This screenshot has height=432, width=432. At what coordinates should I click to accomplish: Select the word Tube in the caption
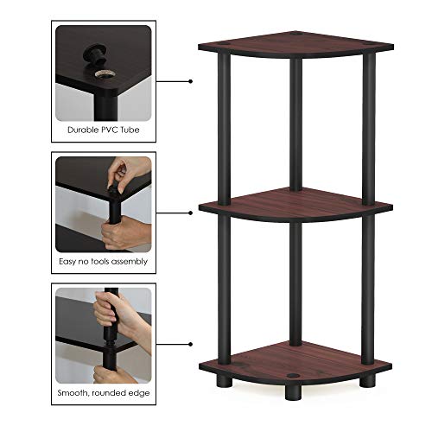click(x=135, y=132)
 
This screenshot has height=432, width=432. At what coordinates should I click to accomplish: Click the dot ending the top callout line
click(x=189, y=81)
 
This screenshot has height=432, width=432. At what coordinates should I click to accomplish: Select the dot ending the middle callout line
click(x=189, y=212)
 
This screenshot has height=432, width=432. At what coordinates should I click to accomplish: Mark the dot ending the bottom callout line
click(x=189, y=341)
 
